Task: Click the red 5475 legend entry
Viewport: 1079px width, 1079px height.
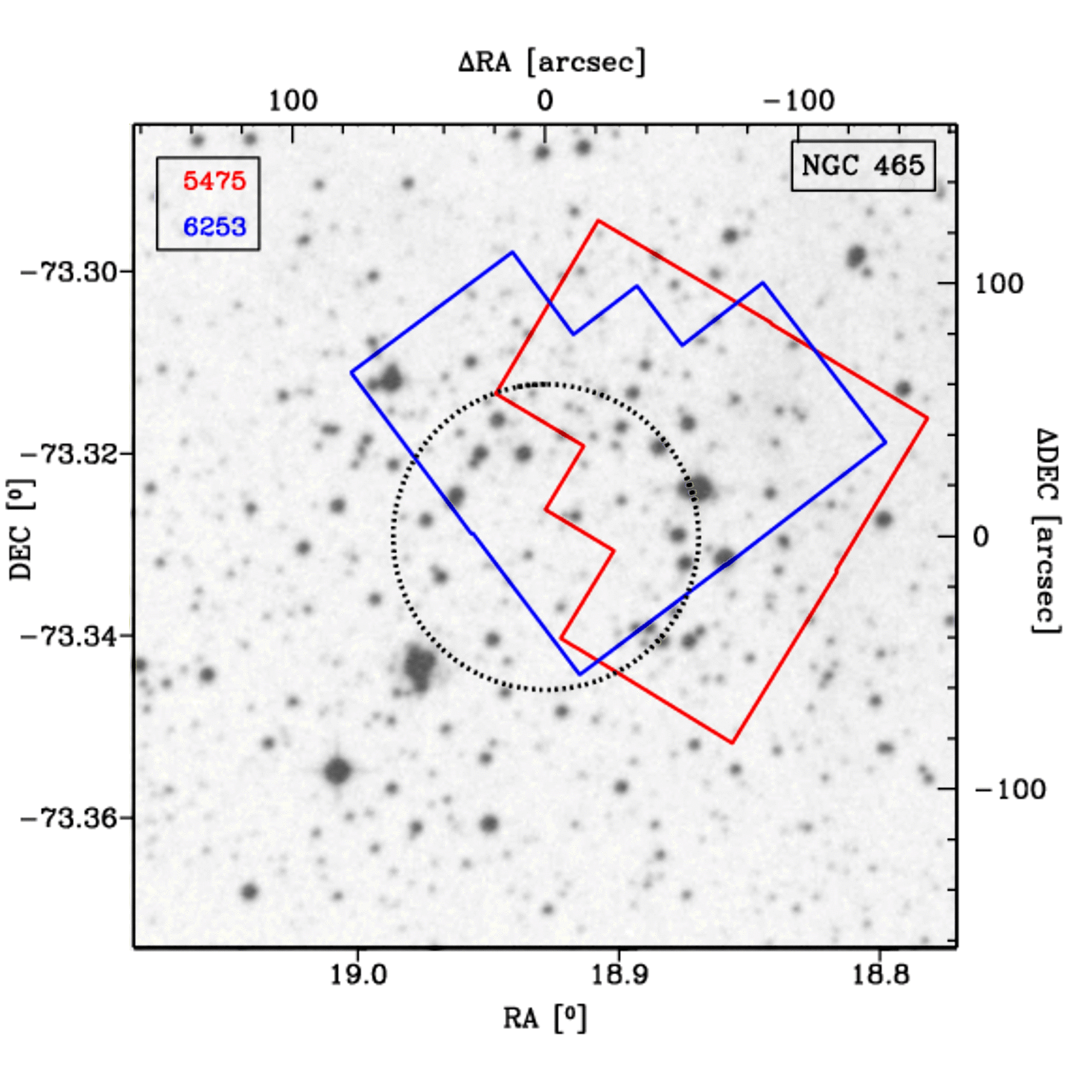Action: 214,182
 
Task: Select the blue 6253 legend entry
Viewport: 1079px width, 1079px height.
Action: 214,227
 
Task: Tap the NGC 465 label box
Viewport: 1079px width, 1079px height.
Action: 863,166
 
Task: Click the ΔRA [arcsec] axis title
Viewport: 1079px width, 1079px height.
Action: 552,62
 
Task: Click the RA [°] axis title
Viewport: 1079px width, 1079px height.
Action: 545,1018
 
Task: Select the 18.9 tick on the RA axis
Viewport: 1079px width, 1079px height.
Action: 619,975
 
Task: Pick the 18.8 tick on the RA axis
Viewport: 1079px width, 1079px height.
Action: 881,975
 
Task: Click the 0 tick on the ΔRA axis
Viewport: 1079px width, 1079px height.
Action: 545,101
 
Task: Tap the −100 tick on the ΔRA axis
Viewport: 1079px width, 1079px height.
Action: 799,101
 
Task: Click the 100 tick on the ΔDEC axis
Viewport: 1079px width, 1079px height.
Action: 998,285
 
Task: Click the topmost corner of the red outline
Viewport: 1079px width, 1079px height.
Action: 598,221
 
